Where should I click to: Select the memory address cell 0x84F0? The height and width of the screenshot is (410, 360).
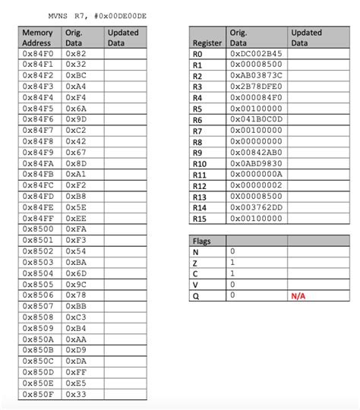pyautogui.click(x=37, y=55)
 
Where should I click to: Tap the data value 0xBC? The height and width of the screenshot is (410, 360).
pyautogui.click(x=76, y=76)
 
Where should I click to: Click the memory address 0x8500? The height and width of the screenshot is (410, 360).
pyautogui.click(x=37, y=229)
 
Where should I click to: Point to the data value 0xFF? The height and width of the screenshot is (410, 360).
pyautogui.click(x=76, y=372)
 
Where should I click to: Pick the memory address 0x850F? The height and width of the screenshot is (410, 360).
pyautogui.click(x=37, y=394)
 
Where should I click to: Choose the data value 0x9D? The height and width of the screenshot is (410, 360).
pyautogui.click(x=76, y=120)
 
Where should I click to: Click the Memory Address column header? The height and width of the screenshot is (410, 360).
pyautogui.click(x=37, y=38)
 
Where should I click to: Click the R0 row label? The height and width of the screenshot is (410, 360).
pyautogui.click(x=198, y=55)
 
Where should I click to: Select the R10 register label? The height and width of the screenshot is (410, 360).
pyautogui.click(x=201, y=164)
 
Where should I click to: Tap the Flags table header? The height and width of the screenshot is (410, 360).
pyautogui.click(x=203, y=240)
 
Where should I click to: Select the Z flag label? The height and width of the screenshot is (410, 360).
pyautogui.click(x=196, y=262)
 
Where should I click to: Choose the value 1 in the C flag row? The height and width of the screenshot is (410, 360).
pyautogui.click(x=232, y=273)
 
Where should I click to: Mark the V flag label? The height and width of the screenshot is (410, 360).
pyautogui.click(x=196, y=284)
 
